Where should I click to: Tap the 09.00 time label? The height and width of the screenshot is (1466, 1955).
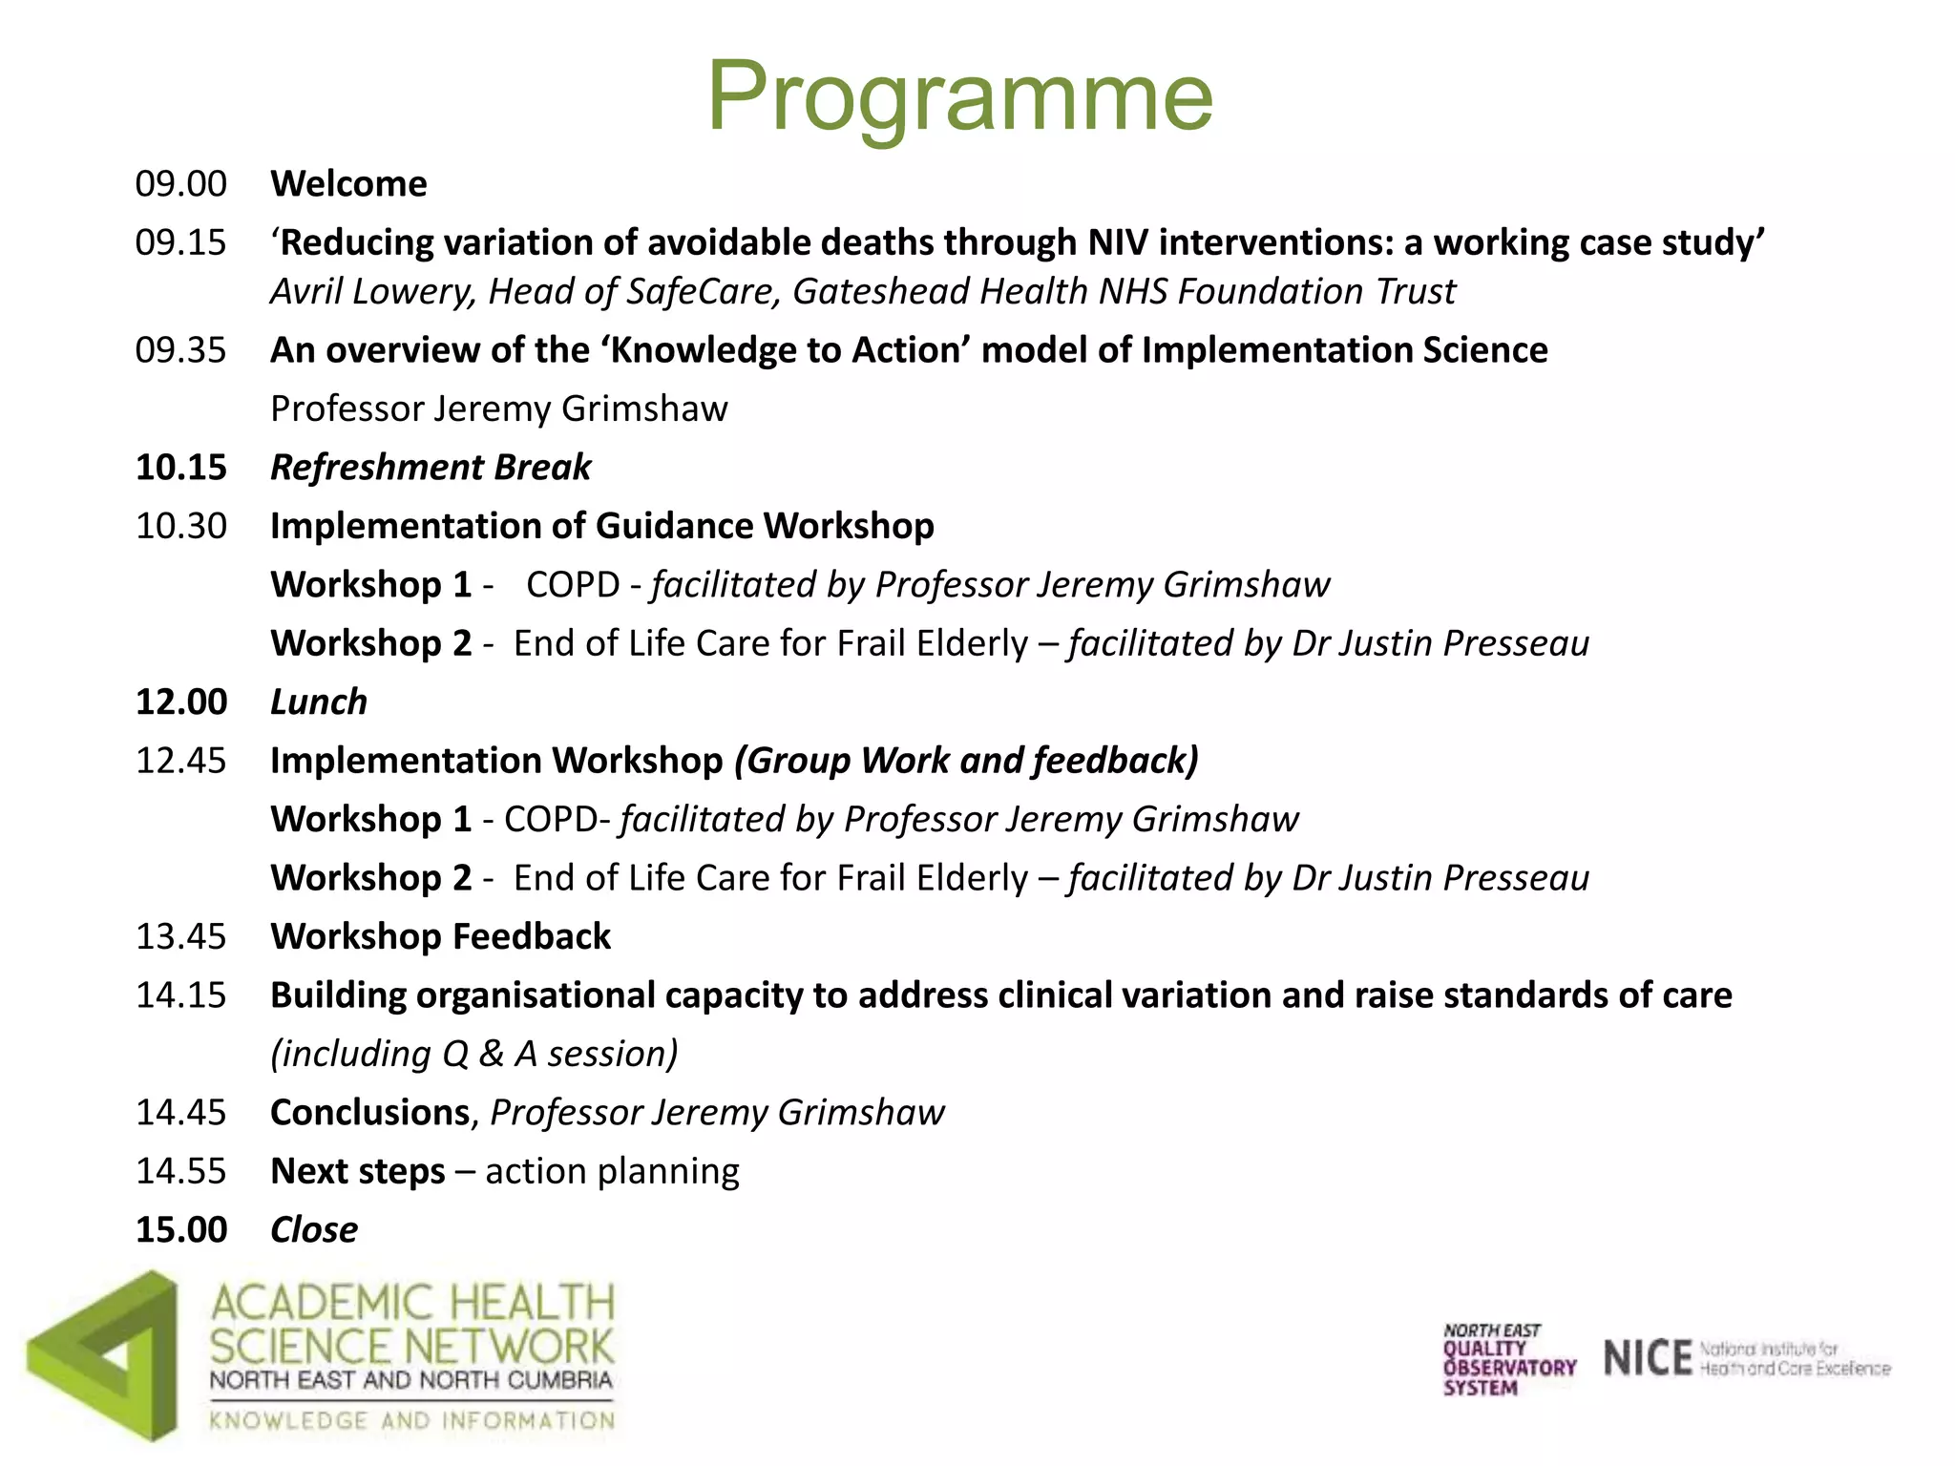pyautogui.click(x=181, y=183)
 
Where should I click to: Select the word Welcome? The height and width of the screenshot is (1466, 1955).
pyautogui.click(x=348, y=183)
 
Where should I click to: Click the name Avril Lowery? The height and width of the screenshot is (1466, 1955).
pyautogui.click(x=372, y=291)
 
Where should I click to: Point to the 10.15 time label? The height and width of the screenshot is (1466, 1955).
pyautogui.click(x=181, y=467)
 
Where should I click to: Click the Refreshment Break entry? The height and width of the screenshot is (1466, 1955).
pyautogui.click(x=431, y=467)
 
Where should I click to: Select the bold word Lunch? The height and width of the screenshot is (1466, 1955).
pyautogui.click(x=319, y=702)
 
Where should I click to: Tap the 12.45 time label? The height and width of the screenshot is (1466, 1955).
pyautogui.click(x=181, y=761)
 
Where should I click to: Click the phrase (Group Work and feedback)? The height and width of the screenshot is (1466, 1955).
pyautogui.click(x=966, y=761)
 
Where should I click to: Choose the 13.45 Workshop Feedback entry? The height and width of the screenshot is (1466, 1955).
pyautogui.click(x=440, y=936)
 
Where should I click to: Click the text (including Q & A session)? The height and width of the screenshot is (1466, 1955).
pyautogui.click(x=474, y=1054)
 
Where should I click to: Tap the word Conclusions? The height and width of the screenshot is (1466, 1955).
pyautogui.click(x=369, y=1113)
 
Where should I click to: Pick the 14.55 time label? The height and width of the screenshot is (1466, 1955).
pyautogui.click(x=181, y=1171)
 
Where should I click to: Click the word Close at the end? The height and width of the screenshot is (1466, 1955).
pyautogui.click(x=314, y=1230)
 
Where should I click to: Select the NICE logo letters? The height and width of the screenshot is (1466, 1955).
pyautogui.click(x=1648, y=1358)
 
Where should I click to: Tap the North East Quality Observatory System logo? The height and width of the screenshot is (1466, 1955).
pyautogui.click(x=1508, y=1359)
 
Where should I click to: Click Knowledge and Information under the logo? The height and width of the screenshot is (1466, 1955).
pyautogui.click(x=412, y=1420)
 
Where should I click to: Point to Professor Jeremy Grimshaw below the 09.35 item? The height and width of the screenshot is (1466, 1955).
pyautogui.click(x=498, y=408)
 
